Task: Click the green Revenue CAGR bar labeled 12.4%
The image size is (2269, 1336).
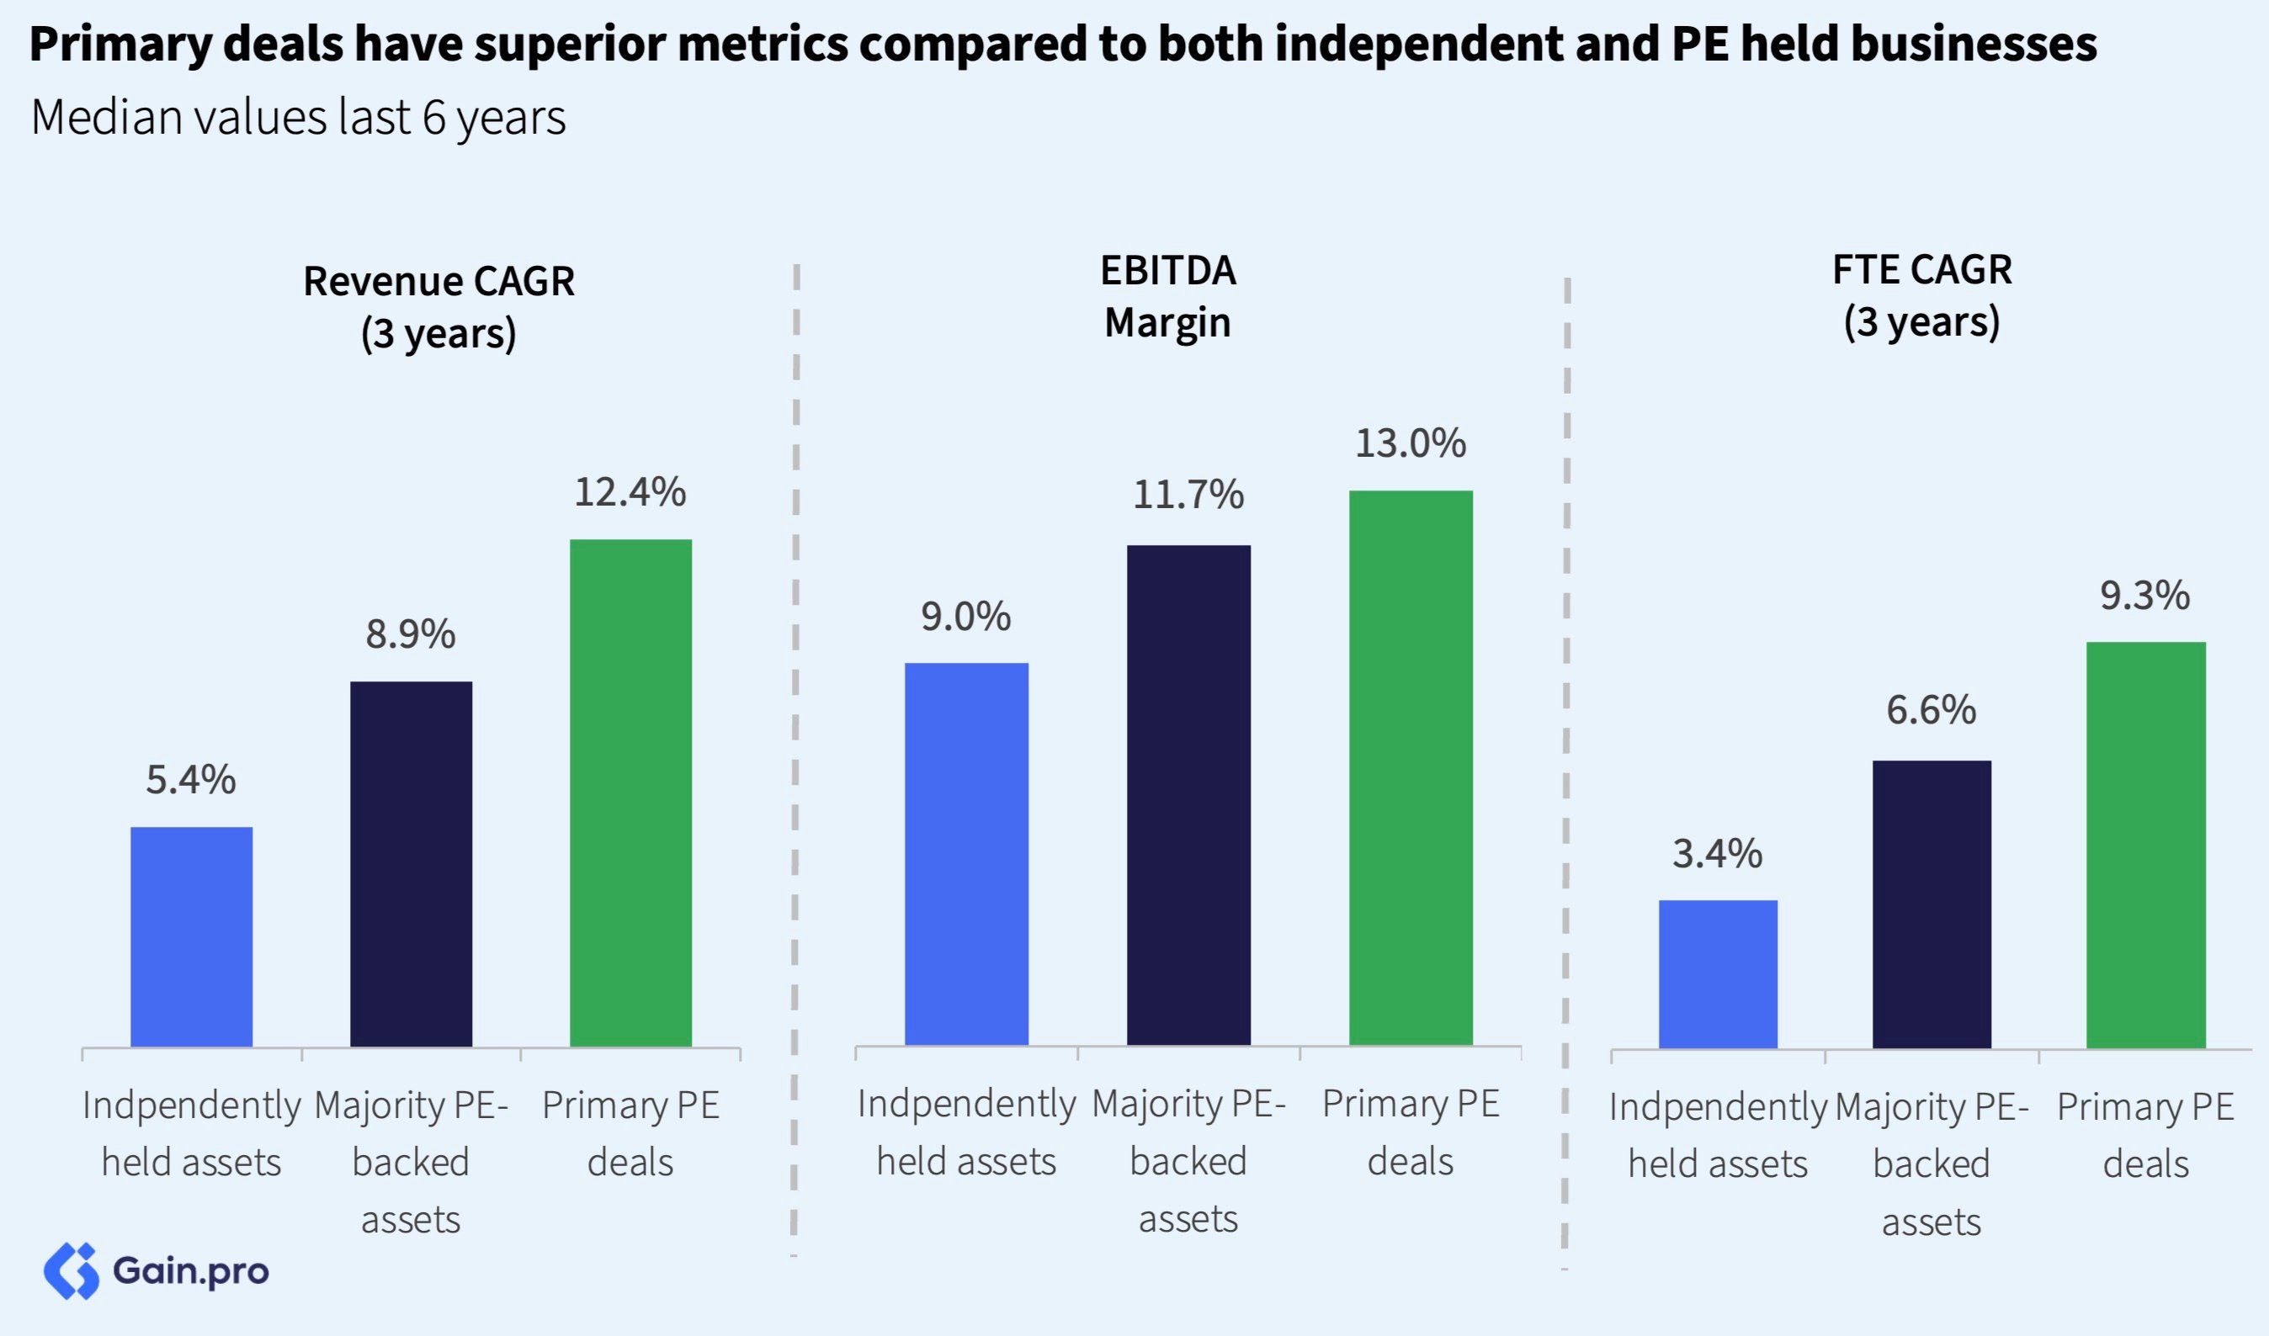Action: point(630,793)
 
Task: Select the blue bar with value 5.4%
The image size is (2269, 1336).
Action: point(191,936)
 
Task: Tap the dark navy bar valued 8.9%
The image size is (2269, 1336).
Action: point(411,864)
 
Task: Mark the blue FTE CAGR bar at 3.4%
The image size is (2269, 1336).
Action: point(1718,974)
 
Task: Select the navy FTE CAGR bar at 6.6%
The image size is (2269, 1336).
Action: point(1932,904)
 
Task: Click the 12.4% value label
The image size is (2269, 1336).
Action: point(630,492)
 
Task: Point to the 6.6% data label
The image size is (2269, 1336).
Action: point(1932,710)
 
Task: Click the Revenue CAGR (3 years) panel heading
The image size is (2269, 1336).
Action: point(438,306)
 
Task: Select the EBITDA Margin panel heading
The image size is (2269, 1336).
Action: point(1168,295)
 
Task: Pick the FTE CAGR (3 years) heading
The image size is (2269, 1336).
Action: point(1921,295)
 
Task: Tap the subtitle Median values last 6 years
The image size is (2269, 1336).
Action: point(298,118)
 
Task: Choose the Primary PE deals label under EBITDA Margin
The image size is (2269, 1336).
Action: point(1410,1132)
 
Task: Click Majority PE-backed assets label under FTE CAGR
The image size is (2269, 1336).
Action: point(1932,1164)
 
